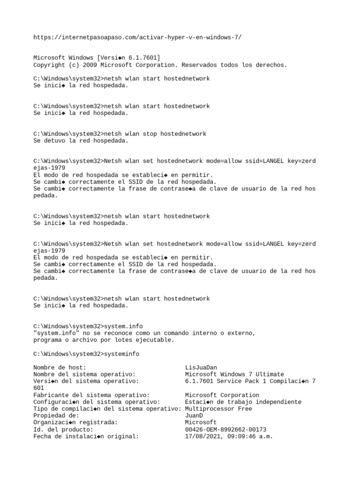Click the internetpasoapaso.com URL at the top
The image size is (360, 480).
pyautogui.click(x=137, y=37)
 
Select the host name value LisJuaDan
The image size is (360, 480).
pyautogui.click(x=201, y=367)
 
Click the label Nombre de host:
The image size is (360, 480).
pyautogui.click(x=60, y=367)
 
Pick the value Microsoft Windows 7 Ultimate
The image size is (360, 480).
pyautogui.click(x=234, y=374)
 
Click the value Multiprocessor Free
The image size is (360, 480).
pyautogui.click(x=218, y=409)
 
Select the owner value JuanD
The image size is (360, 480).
pyautogui.click(x=194, y=416)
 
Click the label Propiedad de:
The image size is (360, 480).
pyautogui.click(x=56, y=416)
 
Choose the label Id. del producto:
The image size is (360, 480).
pyautogui.click(x=63, y=429)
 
